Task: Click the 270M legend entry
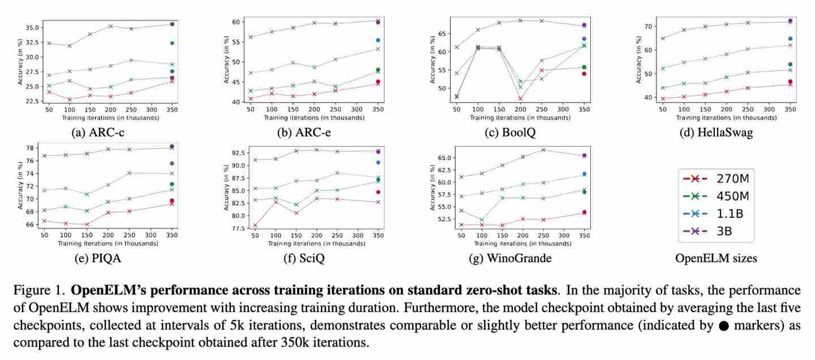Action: tap(716, 178)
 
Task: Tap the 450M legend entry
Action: tap(716, 196)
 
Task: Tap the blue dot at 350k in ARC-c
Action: tap(172, 43)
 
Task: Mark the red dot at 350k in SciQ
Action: tap(378, 192)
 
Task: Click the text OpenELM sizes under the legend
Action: tap(716, 258)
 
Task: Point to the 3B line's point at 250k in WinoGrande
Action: tap(543, 149)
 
